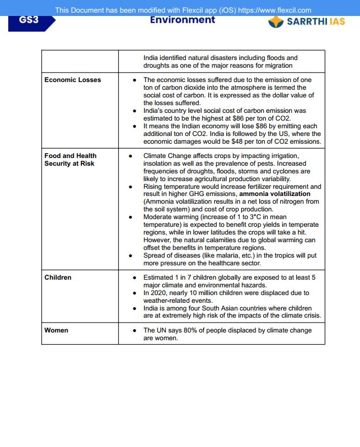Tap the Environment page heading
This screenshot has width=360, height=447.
coord(182,20)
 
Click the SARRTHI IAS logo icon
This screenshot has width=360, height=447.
coord(276,21)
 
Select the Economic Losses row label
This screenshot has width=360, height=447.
coord(73,80)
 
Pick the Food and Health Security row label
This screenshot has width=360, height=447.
coord(70,160)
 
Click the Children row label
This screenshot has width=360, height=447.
coord(58,277)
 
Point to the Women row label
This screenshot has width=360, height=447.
coord(56,330)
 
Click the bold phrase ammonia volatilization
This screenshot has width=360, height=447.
coord(275,194)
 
